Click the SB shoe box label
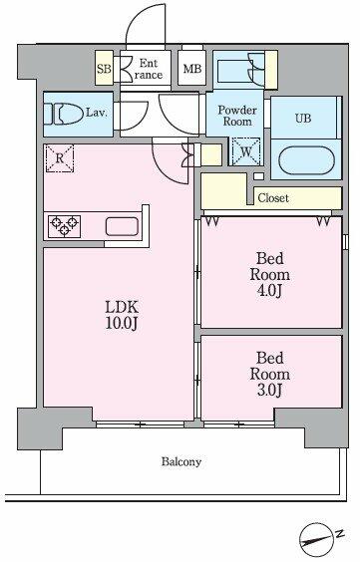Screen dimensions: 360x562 tap(104, 68)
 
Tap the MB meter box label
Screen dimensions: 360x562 tap(192, 69)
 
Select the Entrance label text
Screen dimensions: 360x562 tap(148, 69)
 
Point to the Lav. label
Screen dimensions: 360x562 tap(96, 113)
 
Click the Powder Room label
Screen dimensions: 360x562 tap(237, 116)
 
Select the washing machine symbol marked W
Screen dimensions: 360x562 tap(246, 151)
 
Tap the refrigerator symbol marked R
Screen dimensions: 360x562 tap(60, 158)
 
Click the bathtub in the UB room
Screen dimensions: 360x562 tap(306, 160)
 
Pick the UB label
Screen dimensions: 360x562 tap(303, 118)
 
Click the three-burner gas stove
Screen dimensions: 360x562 tap(64, 226)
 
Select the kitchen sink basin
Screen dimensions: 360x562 tap(122, 226)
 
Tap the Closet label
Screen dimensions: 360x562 tap(273, 198)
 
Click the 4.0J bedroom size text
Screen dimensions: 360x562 tap(269, 291)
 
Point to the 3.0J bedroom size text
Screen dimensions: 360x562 tap(269, 390)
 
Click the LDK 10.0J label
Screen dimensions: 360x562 tap(122, 315)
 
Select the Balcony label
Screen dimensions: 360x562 tap(181, 461)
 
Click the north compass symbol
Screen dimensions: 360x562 tap(315, 539)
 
